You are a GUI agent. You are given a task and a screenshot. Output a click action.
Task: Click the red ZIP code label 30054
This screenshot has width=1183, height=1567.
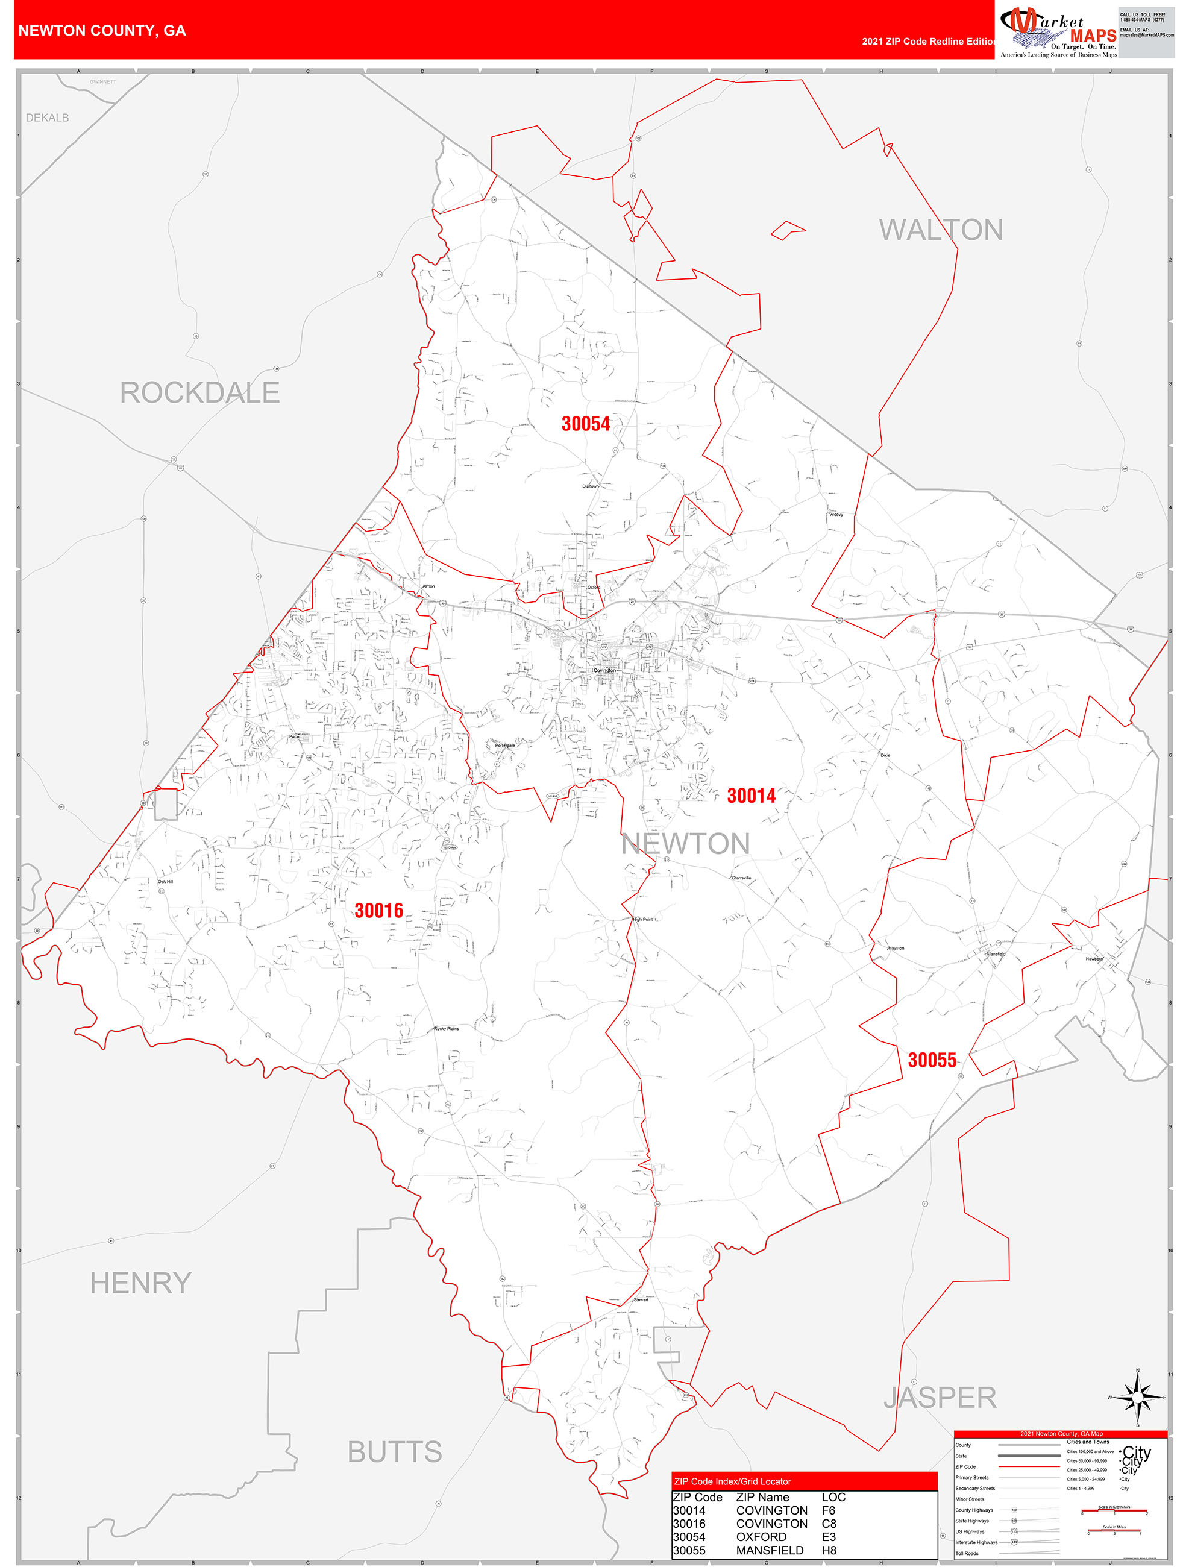point(585,424)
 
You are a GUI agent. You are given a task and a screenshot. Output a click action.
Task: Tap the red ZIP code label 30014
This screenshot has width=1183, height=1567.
point(751,796)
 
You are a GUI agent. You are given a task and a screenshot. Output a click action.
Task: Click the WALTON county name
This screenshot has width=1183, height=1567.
point(941,230)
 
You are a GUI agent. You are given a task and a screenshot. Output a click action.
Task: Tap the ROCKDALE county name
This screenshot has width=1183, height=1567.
point(199,392)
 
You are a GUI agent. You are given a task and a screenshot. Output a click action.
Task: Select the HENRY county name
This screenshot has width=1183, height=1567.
point(141,1283)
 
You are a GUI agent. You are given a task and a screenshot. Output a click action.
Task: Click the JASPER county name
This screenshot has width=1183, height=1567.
point(940,1398)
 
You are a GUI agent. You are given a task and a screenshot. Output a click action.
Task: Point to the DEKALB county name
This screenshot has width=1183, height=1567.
point(48,118)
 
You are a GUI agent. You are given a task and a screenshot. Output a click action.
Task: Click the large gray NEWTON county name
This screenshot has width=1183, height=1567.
point(686,844)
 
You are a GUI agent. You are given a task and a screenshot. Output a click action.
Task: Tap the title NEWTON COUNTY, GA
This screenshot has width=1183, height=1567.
point(102,31)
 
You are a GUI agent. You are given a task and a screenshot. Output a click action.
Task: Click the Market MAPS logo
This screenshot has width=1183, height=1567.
point(1058,32)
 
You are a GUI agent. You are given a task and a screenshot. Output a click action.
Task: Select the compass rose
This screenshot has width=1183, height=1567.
point(1137,1397)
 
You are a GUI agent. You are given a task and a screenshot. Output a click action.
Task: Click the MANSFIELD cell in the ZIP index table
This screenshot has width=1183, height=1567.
point(770,1550)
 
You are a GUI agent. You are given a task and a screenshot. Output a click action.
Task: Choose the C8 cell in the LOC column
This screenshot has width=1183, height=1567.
point(829,1524)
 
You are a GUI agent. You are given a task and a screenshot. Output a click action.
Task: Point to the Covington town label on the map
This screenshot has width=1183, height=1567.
point(604,670)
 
